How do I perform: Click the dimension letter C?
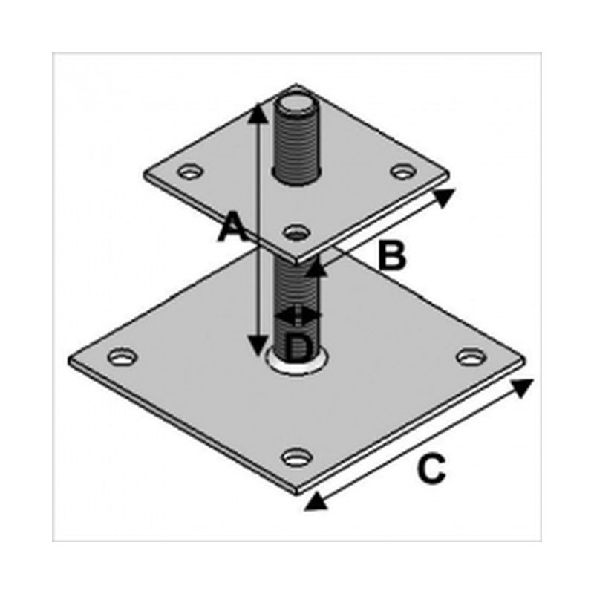[431, 469]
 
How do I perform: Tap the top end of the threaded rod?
[296, 103]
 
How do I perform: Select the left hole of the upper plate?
[190, 172]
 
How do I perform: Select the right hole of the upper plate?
[403, 172]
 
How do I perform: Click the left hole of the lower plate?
[122, 357]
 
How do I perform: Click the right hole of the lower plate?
[471, 357]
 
